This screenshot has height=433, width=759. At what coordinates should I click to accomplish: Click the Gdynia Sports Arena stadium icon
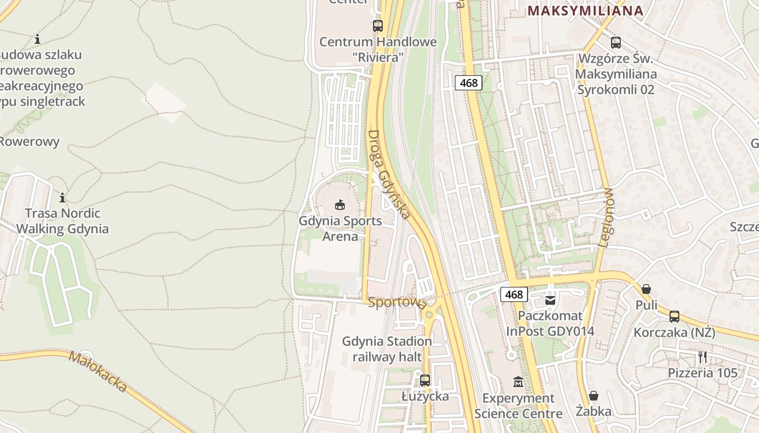pos(340,205)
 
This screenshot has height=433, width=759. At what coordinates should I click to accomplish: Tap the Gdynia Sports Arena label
pos(340,228)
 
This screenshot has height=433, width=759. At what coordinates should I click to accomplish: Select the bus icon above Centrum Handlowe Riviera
pos(378,25)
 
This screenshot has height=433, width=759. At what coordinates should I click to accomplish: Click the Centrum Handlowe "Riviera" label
pos(378,49)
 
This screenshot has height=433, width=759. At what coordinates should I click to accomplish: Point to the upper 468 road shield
pos(468,83)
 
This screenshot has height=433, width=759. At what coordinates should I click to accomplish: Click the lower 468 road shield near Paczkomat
pos(513,294)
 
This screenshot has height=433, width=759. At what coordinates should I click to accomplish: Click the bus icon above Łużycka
pos(425,380)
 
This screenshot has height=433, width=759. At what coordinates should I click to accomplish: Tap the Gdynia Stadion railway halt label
pos(387,349)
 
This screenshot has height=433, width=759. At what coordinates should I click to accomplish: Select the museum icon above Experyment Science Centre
pos(518,382)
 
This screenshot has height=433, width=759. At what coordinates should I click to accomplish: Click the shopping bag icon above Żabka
pos(594,396)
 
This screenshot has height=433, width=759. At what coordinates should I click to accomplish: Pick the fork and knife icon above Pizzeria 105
pos(703,357)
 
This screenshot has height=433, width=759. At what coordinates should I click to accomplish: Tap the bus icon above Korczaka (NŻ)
pos(674,317)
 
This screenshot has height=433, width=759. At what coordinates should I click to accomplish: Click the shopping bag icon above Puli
pos(646,289)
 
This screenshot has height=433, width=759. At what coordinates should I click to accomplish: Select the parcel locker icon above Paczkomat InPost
pos(550,300)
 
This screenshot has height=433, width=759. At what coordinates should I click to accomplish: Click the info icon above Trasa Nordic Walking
pos(62,198)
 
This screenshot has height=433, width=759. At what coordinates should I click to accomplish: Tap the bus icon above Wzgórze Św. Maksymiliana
pos(616,42)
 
